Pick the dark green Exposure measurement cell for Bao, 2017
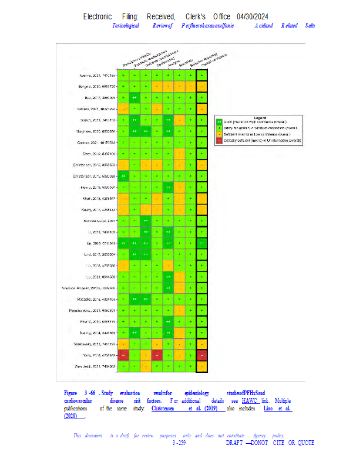pos(135,98)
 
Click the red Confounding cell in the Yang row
pos(157,355)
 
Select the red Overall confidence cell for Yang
pos(202,355)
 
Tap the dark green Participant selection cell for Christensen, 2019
pos(123,176)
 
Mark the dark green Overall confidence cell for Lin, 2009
pos(202,243)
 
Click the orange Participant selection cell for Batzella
pos(123,109)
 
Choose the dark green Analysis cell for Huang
pos(168,188)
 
